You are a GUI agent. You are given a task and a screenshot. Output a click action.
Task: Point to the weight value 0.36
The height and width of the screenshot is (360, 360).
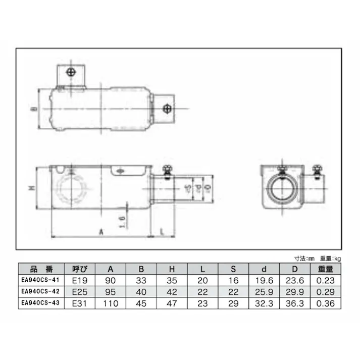(x=325, y=303)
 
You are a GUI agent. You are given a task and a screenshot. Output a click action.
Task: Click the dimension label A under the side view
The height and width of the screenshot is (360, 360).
(x=101, y=232)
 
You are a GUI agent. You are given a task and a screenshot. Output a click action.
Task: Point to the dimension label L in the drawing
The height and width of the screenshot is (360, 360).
(x=161, y=232)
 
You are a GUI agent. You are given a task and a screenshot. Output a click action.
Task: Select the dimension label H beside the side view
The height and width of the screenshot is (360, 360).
(x=31, y=189)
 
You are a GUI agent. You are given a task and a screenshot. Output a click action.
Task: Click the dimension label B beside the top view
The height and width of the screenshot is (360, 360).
(x=31, y=109)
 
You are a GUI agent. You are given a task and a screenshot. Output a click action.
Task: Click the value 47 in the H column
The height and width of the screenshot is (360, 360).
(x=172, y=303)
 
